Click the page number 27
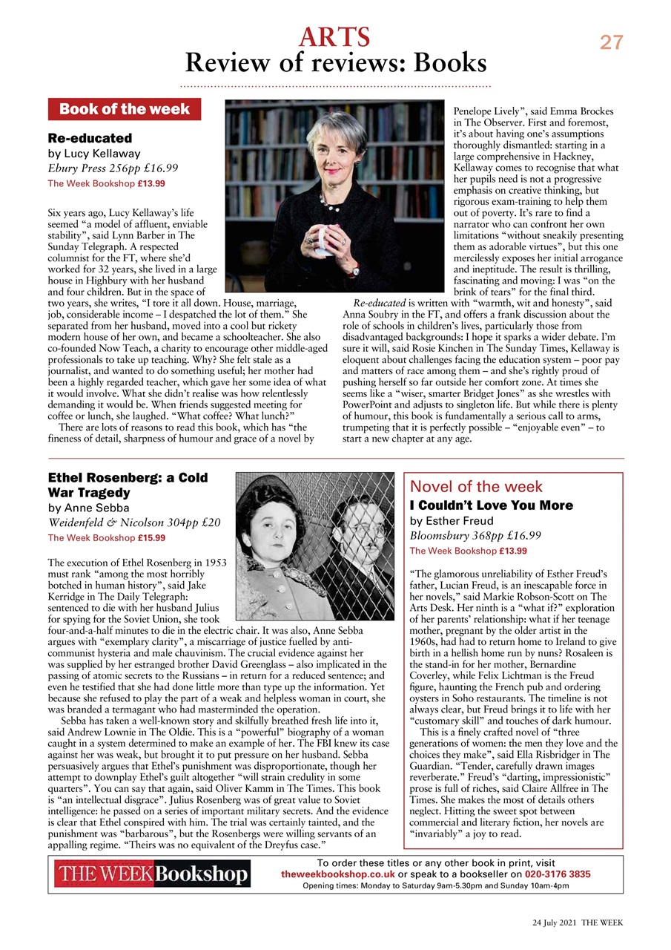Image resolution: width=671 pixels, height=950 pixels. (x=612, y=42)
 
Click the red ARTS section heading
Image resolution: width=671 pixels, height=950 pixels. (x=334, y=36)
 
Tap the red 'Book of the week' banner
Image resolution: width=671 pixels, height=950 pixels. (x=124, y=110)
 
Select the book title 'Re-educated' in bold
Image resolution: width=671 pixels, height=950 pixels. (x=90, y=138)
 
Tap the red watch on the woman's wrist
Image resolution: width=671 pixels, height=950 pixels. (x=356, y=269)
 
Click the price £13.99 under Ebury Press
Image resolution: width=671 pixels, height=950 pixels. (x=151, y=183)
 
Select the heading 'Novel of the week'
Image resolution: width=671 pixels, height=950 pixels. (x=476, y=487)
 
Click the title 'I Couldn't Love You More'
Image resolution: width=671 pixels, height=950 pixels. (x=492, y=505)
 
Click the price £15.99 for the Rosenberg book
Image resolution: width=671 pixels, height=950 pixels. (x=151, y=538)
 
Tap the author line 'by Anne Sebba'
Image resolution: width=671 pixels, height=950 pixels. (x=88, y=508)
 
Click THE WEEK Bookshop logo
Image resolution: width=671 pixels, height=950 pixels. (x=151, y=874)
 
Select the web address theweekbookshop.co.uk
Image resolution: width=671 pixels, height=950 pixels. (x=337, y=874)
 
